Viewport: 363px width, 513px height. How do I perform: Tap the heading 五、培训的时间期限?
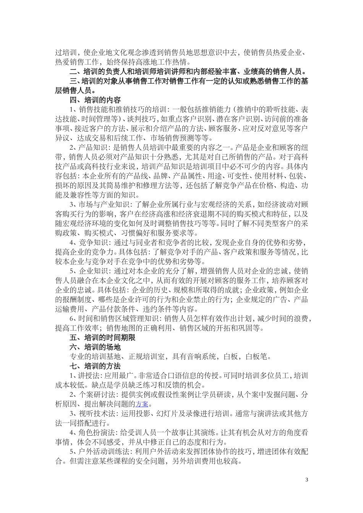coord(102,338)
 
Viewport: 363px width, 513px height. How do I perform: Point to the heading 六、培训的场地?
coord(95,347)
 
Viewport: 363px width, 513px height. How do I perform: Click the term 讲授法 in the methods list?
coord(88,376)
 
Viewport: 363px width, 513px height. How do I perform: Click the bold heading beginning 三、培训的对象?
coord(183,81)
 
